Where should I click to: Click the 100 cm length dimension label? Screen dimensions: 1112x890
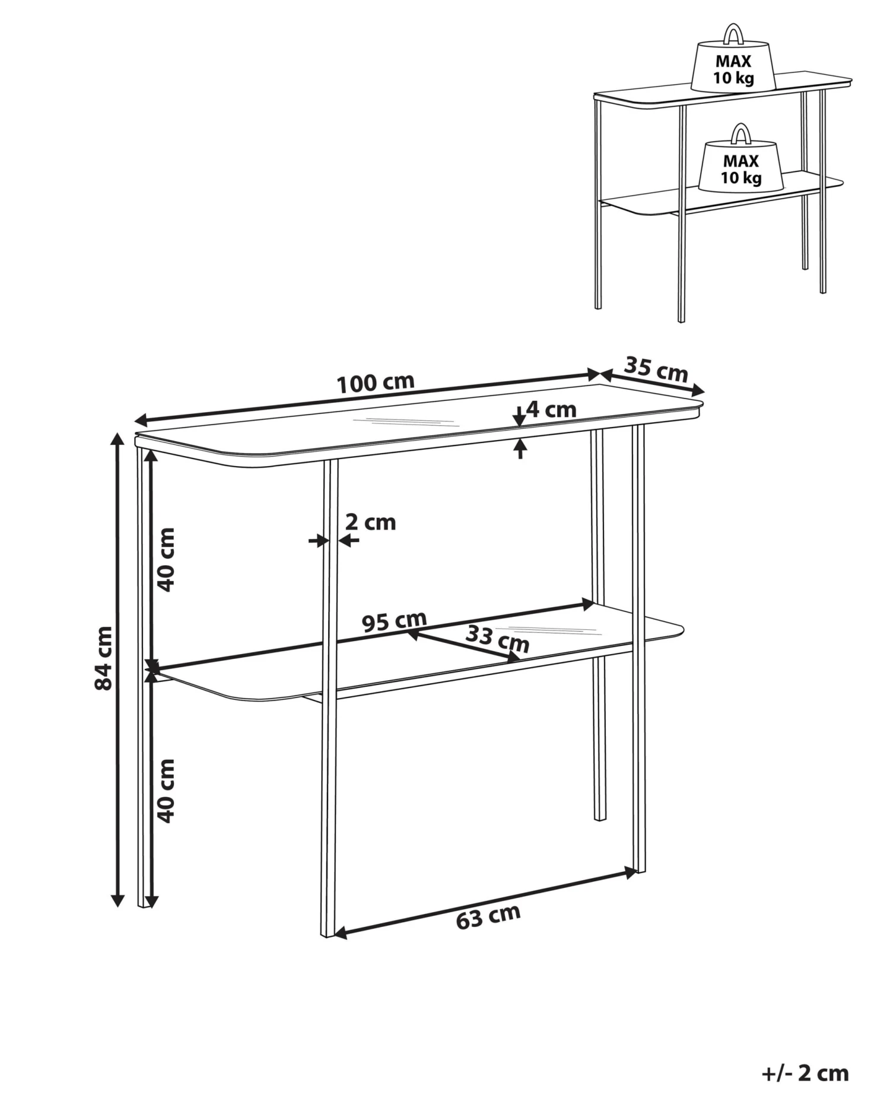376,384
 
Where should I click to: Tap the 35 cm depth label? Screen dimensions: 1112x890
656,369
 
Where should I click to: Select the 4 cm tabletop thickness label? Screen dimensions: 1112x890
551,409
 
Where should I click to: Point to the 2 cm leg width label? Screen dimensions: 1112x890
370,522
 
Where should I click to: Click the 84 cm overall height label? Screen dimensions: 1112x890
104,658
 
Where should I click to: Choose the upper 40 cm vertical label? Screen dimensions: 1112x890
168,559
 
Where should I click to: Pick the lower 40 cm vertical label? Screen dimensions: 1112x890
168,791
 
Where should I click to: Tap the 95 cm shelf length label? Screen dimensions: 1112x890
395,621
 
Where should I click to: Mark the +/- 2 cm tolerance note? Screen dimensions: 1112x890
805,1072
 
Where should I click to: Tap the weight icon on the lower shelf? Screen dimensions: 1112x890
741,163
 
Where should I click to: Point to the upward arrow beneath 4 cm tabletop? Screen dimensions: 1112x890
520,448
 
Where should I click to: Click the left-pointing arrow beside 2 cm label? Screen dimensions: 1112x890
349,540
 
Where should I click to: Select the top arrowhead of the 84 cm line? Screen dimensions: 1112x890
118,439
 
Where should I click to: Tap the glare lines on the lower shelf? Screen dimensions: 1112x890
546,629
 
